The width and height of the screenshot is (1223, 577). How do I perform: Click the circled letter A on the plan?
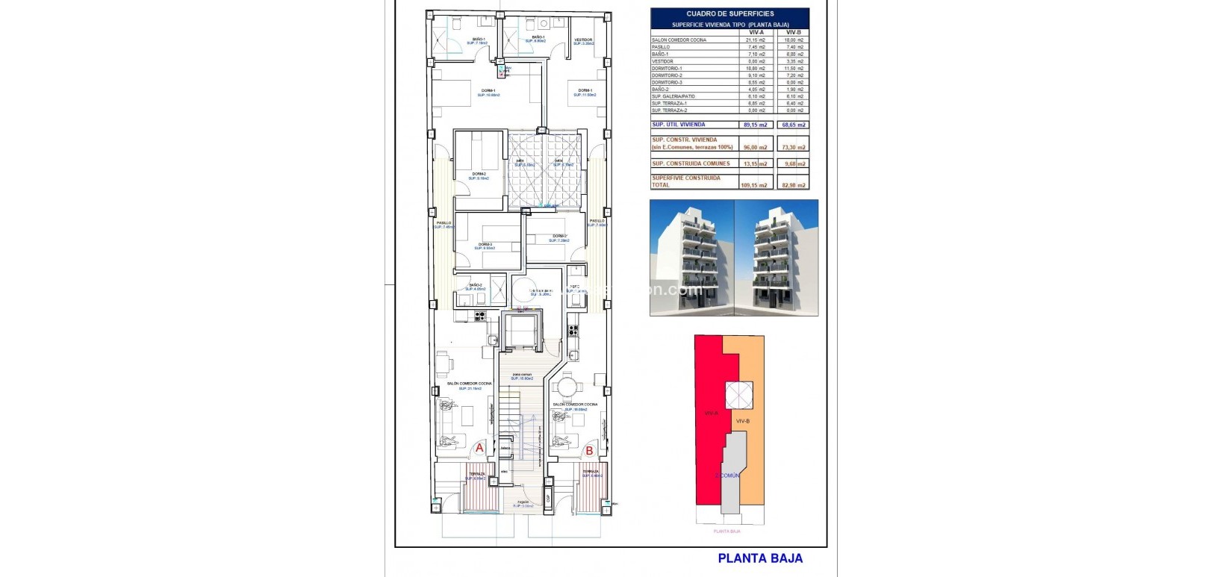[x=479, y=448]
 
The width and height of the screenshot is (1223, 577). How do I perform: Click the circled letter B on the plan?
[x=589, y=450]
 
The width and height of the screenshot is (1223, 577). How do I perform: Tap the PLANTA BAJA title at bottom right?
[x=759, y=558]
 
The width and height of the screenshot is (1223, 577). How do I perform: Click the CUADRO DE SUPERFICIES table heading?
[x=729, y=13]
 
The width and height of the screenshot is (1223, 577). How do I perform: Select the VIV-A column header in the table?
[x=756, y=32]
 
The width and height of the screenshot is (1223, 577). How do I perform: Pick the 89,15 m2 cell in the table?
[x=755, y=125]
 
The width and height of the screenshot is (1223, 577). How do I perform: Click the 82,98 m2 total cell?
[x=793, y=185]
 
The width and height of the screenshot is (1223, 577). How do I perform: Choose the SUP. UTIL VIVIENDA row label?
[x=678, y=125]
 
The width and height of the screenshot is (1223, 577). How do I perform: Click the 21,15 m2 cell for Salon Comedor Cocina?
[x=756, y=40]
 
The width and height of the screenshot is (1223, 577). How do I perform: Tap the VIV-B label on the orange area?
[x=742, y=421]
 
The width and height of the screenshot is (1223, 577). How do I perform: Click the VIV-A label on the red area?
[x=711, y=413]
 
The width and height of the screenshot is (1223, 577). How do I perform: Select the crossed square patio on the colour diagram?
[x=738, y=395]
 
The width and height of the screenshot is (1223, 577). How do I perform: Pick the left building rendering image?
[x=692, y=258]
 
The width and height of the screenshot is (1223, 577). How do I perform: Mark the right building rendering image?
[x=777, y=258]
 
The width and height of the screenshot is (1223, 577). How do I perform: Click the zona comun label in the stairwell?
[x=522, y=375]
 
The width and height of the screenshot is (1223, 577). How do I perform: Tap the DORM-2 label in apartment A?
[x=479, y=174]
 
